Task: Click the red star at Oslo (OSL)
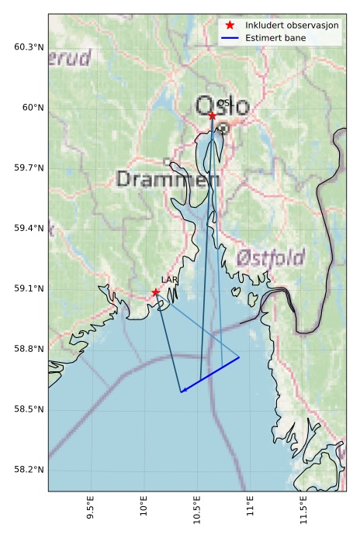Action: [212, 116]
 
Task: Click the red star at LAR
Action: [156, 292]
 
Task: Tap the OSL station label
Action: [223, 103]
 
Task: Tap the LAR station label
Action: [168, 280]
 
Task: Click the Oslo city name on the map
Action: [223, 106]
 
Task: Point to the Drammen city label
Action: [168, 179]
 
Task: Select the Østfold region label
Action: [270, 258]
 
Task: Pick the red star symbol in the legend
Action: [230, 26]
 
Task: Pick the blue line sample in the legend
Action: [230, 37]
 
